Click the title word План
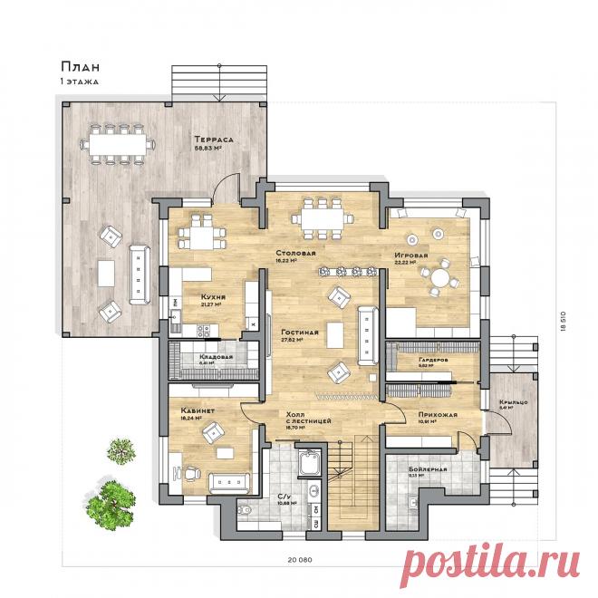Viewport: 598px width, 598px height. pyautogui.click(x=80, y=66)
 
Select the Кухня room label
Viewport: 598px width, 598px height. pyautogui.click(x=215, y=296)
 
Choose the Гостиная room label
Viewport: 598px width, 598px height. pyautogui.click(x=299, y=332)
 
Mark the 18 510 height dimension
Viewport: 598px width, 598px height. pyautogui.click(x=562, y=321)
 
